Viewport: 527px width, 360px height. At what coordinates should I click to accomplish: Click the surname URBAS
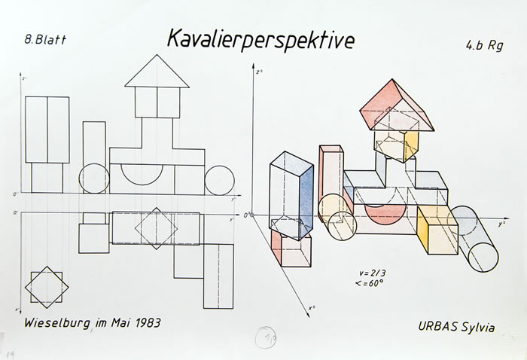(440, 326)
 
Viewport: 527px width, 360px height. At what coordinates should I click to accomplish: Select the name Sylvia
(483, 327)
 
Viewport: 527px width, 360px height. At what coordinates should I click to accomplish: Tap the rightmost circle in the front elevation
(220, 180)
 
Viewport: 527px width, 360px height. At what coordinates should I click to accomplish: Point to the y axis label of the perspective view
(501, 224)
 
